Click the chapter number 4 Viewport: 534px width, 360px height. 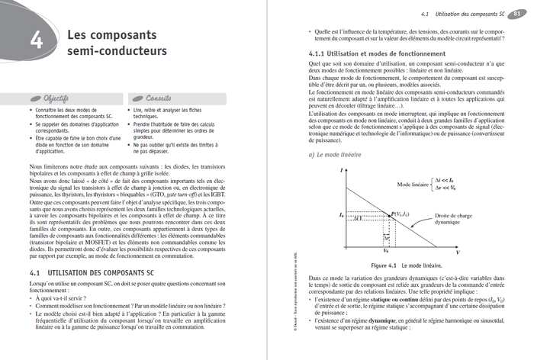[x=37, y=43]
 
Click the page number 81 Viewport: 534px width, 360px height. [x=518, y=14]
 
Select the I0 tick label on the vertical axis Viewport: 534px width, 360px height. [x=343, y=217]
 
